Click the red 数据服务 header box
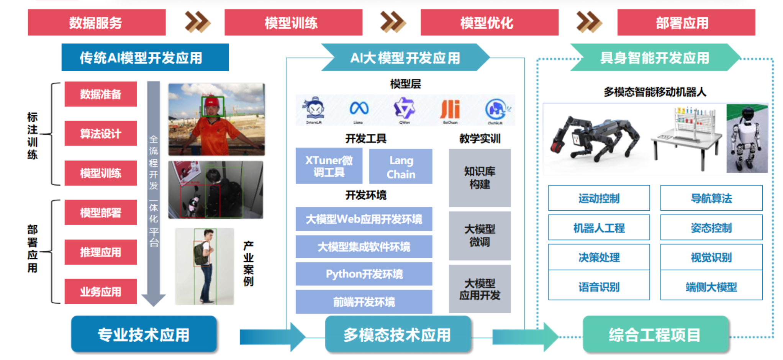[97, 23]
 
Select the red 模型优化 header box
[489, 23]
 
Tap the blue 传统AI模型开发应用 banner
[145, 57]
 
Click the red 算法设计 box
[100, 133]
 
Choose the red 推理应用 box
[100, 252]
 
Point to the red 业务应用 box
[100, 291]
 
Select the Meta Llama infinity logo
[359, 108]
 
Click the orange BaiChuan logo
[450, 110]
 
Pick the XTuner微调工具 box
[329, 166]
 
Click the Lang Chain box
[401, 167]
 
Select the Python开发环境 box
[364, 274]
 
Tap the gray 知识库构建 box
[480, 178]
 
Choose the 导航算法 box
[711, 198]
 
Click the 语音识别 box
[599, 286]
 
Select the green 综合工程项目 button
[655, 335]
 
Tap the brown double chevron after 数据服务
[197, 22]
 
